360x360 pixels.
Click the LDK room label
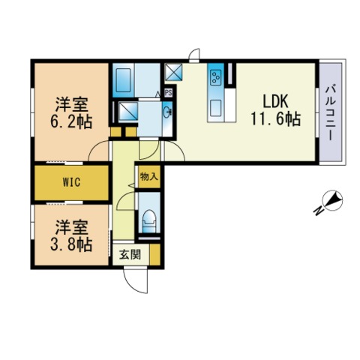(275, 101)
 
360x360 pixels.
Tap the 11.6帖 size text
(275, 119)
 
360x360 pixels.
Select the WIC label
(71, 182)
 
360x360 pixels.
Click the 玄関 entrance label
(130, 254)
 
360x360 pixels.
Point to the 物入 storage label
(149, 176)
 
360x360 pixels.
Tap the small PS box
(169, 93)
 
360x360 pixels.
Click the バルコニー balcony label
(330, 113)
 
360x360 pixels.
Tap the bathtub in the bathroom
(124, 80)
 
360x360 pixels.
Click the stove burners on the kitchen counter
(215, 77)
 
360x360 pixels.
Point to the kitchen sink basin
(215, 108)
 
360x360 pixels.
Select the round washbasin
(167, 112)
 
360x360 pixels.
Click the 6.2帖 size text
(71, 121)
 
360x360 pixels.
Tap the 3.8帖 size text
(71, 244)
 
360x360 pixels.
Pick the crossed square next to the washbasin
(127, 112)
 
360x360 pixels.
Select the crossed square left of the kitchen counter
(173, 72)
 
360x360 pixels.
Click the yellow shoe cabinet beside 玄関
(155, 254)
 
